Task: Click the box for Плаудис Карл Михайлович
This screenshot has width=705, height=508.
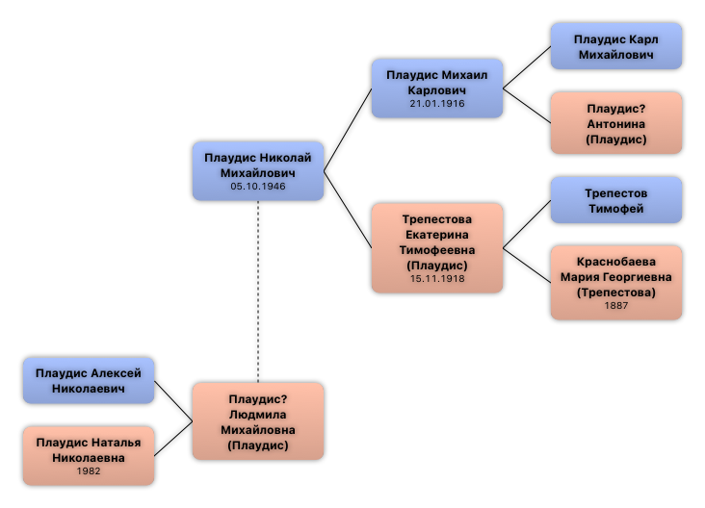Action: click(615, 47)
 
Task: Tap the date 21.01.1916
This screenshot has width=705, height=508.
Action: click(437, 104)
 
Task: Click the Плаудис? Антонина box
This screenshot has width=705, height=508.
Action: click(615, 124)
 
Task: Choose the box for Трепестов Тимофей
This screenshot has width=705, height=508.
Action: click(615, 201)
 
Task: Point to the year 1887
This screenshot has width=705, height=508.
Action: click(616, 306)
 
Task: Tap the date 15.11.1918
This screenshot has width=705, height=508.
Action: click(437, 279)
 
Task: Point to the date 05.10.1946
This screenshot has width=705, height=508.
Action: click(258, 187)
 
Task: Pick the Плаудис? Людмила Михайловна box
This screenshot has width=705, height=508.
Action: click(257, 421)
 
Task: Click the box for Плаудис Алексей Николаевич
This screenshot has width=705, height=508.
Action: click(89, 381)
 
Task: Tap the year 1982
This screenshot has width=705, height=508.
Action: click(89, 471)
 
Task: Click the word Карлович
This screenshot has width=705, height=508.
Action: click(437, 89)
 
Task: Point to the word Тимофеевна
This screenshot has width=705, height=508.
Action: click(437, 250)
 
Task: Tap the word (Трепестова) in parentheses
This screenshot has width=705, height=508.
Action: click(616, 292)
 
